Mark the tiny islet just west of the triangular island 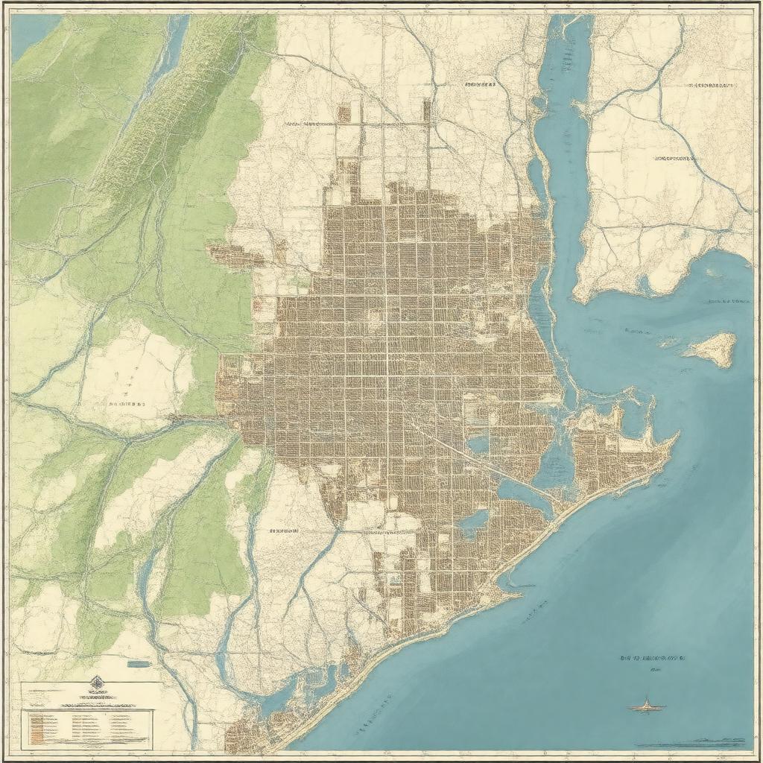[x=668, y=341]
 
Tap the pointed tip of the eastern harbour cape [x=675, y=437]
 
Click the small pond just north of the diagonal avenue [x=478, y=443]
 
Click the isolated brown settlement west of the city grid [x=235, y=256]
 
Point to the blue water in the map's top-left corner [x=30, y=34]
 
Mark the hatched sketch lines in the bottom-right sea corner [x=708, y=742]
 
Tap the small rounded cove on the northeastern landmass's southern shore [x=645, y=284]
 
